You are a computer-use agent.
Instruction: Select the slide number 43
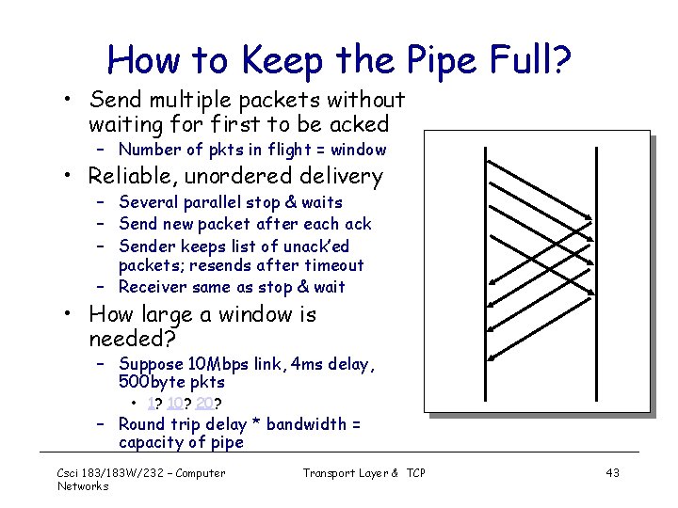click(612, 472)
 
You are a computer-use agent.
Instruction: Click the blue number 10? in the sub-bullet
click(177, 403)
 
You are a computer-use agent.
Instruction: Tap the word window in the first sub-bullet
click(358, 150)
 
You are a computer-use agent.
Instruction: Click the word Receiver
click(153, 287)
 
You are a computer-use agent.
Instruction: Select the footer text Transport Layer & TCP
click(363, 472)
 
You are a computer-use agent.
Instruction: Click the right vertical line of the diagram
click(593, 282)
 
